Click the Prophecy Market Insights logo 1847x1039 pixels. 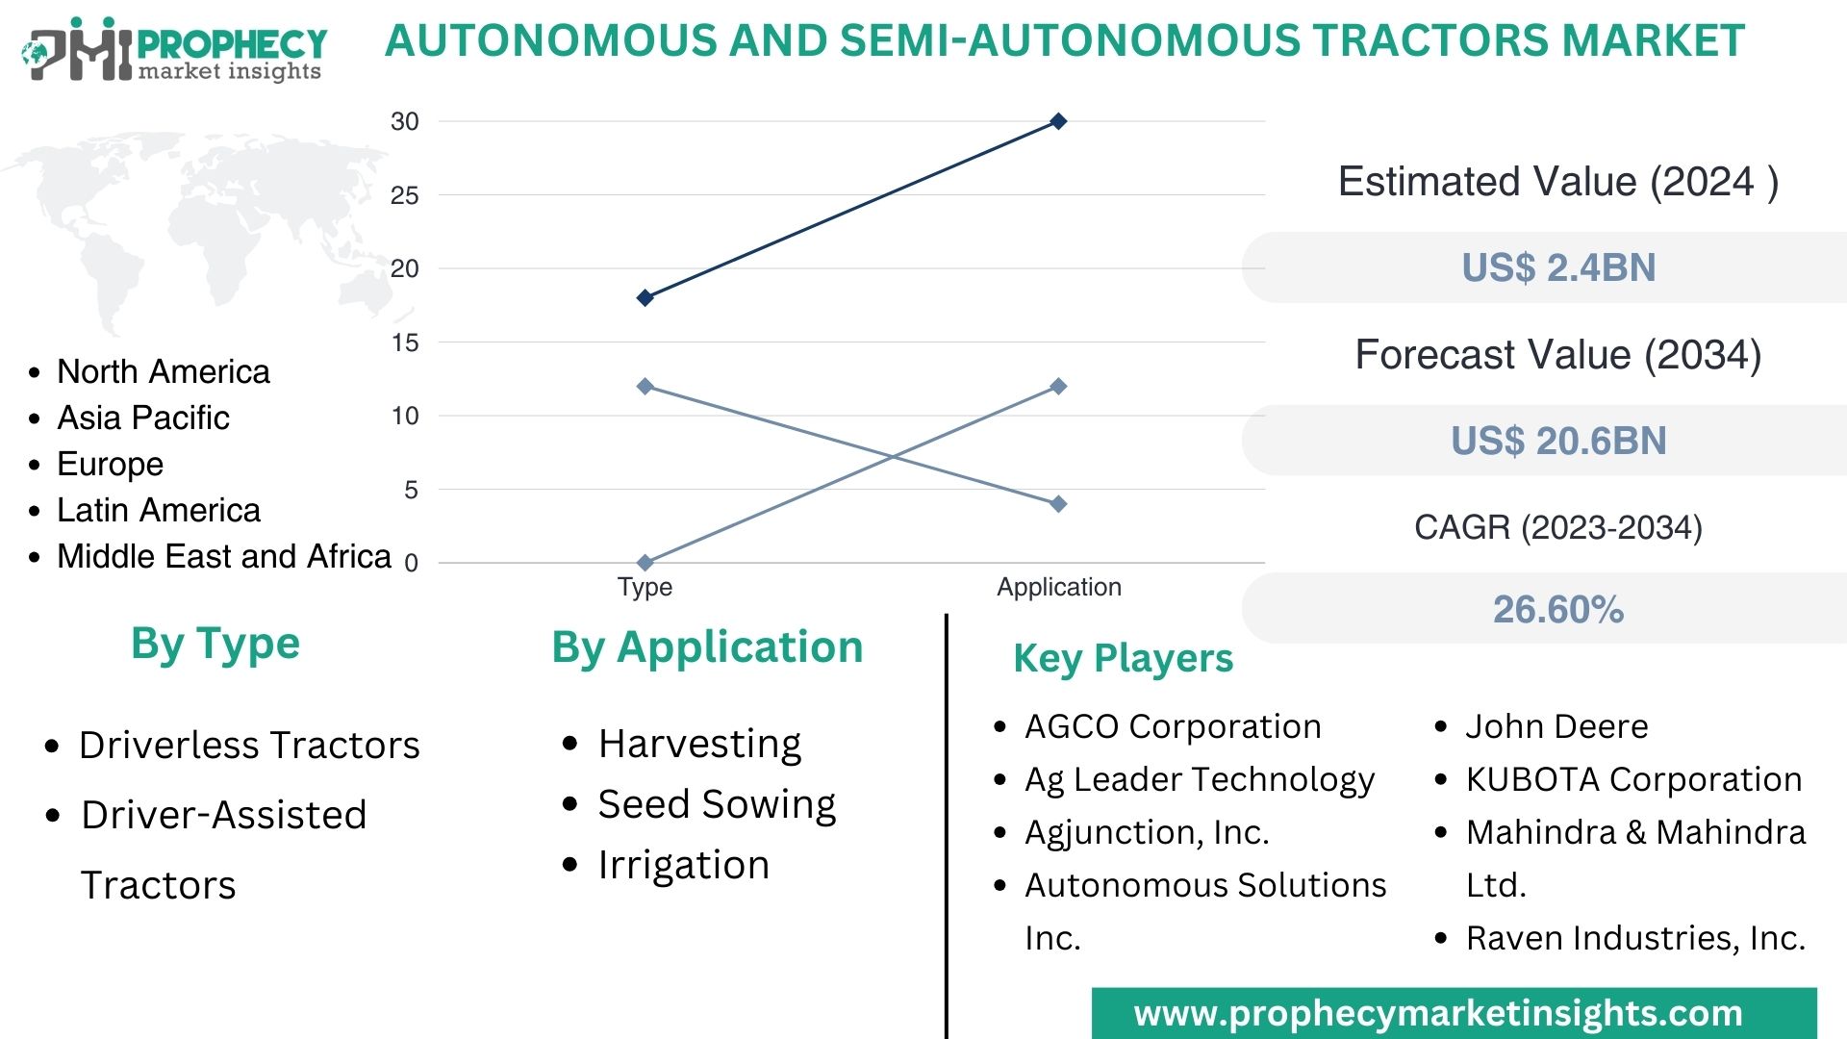173,50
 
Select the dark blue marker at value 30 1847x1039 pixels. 1058,121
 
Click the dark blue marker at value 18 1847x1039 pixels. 645,298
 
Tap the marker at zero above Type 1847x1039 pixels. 645,562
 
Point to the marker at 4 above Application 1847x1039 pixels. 1058,504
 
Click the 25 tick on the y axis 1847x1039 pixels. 405,196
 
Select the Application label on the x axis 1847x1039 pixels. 1058,587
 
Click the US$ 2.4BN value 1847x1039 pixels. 1558,267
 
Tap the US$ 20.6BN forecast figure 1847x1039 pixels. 1558,441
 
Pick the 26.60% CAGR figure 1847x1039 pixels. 1558,609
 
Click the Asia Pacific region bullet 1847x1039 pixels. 143,418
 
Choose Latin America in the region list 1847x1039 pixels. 159,510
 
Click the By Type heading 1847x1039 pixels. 215,644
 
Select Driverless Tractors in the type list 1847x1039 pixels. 249,745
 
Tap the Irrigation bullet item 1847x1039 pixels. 683,865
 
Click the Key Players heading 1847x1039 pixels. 1123,658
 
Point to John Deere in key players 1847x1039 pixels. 1556,726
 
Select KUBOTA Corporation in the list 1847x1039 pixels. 1633,779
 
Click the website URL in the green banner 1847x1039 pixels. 1438,1013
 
